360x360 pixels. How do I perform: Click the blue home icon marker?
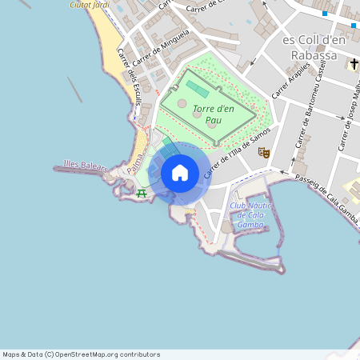[180, 173]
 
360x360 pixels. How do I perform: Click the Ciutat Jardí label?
[90, 4]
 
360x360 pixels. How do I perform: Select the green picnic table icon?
[142, 192]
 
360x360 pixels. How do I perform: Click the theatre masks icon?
[266, 153]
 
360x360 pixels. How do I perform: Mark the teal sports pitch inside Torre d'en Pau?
[197, 87]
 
